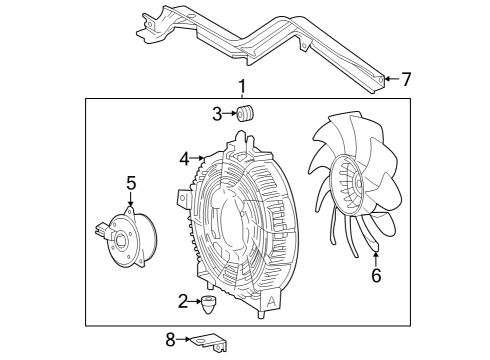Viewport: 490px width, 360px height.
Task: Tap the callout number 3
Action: point(217,113)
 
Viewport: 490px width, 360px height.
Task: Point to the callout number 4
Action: point(185,158)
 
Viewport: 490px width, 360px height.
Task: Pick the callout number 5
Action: point(131,183)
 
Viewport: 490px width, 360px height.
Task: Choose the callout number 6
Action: point(376,276)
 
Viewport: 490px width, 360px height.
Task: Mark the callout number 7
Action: point(406,79)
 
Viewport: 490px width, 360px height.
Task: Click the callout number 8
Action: point(170,340)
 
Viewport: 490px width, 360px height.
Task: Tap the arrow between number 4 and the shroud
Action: point(199,158)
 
